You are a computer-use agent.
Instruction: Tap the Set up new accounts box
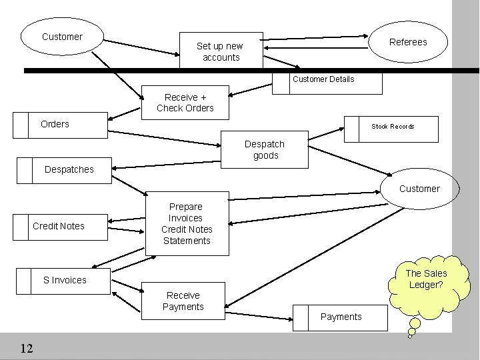tap(221, 51)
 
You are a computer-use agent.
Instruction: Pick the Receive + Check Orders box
tap(185, 103)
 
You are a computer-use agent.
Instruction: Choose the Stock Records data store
tap(392, 127)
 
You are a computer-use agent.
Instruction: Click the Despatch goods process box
tap(265, 150)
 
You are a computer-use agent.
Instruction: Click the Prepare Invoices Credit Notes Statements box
tap(187, 223)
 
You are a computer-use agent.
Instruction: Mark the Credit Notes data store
tap(59, 227)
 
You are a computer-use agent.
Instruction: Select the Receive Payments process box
tap(183, 301)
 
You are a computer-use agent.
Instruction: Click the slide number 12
tap(27, 348)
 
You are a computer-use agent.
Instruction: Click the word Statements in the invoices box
tap(187, 241)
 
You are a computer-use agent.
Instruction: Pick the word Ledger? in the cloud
tap(426, 285)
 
